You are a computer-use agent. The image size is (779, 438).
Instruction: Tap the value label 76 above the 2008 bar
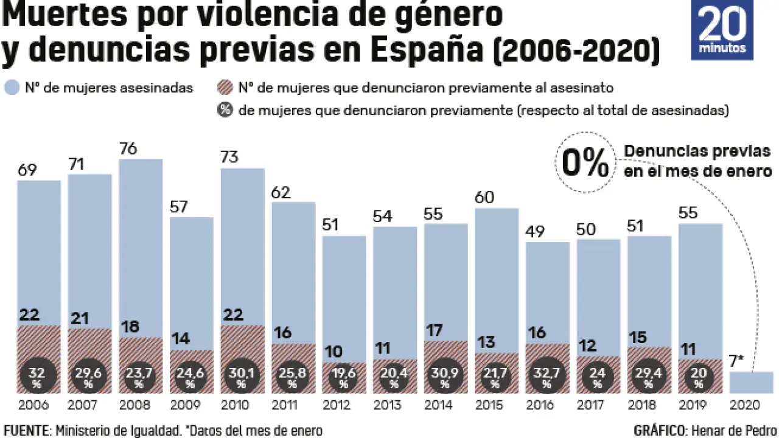(x=128, y=149)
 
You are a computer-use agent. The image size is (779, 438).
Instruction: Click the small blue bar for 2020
(x=752, y=382)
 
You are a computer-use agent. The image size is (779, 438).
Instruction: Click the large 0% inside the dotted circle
(x=585, y=162)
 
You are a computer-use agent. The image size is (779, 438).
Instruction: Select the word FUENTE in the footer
(x=25, y=431)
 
